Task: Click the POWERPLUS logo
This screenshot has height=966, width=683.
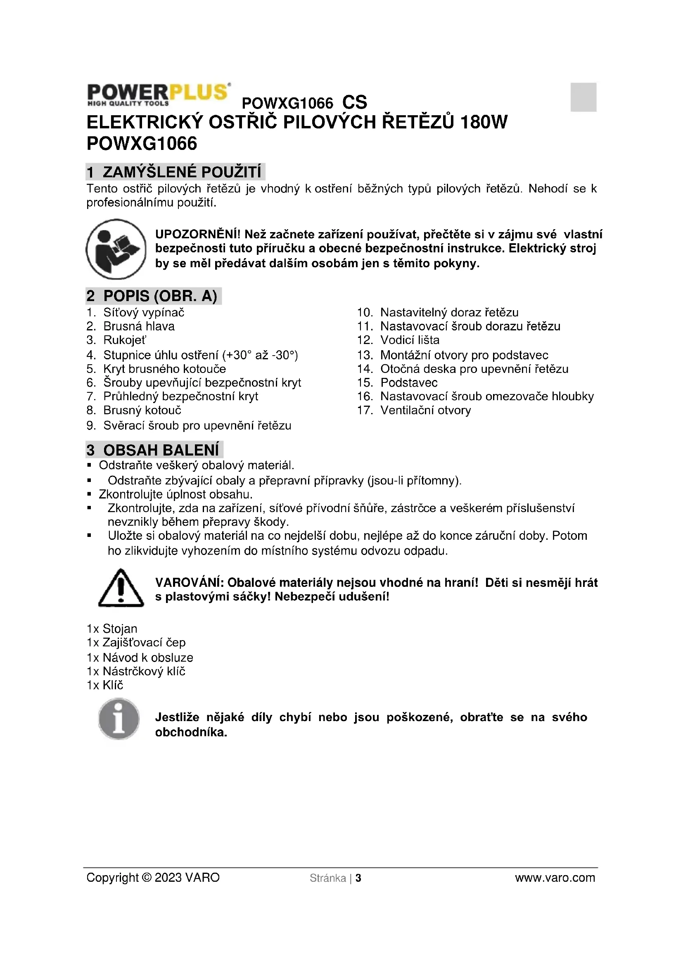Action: (158, 94)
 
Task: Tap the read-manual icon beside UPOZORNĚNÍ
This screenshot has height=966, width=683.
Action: (116, 249)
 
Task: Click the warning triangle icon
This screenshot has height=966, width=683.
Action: (121, 588)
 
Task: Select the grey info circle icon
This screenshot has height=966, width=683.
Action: (119, 719)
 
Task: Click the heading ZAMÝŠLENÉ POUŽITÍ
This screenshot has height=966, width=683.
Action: (175, 172)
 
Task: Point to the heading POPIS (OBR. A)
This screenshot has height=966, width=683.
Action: (154, 296)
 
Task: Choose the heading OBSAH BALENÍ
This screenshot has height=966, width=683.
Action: (154, 450)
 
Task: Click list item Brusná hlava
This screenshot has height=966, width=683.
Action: (139, 326)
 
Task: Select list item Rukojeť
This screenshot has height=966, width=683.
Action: (124, 340)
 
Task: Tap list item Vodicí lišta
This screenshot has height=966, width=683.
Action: (410, 340)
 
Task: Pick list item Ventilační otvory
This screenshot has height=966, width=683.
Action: (425, 410)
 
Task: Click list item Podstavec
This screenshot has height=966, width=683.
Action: (409, 382)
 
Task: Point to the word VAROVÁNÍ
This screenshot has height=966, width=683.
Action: (189, 583)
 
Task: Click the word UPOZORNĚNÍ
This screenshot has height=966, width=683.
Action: (198, 234)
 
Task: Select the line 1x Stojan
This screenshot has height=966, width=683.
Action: (112, 629)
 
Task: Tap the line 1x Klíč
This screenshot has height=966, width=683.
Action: (105, 686)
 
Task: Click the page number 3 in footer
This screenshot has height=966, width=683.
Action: (358, 878)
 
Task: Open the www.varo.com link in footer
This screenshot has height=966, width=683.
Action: (555, 878)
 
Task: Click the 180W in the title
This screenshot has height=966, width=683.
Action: (484, 122)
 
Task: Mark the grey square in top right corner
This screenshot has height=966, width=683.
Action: (583, 97)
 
